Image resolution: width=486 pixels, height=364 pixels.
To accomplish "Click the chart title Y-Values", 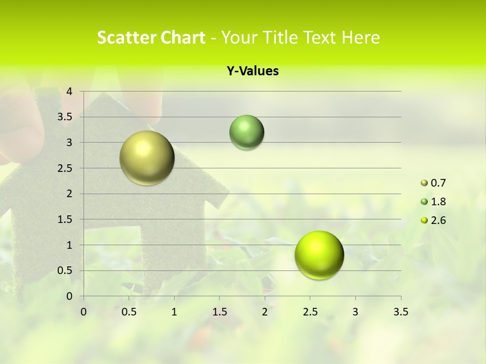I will pos(253,71).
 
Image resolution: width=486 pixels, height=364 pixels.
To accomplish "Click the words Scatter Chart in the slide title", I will pos(151,37).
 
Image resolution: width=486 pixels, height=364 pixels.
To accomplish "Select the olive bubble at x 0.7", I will pos(147,158).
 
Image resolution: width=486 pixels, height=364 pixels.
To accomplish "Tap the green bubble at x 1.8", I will pos(247,132).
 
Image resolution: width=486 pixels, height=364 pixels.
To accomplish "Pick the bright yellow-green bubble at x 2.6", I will pos(319,255).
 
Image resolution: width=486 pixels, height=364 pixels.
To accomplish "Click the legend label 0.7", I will pos(438,183).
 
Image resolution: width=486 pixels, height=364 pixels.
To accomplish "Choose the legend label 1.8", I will pos(438,202).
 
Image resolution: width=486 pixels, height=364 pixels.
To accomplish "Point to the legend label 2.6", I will pos(438,220).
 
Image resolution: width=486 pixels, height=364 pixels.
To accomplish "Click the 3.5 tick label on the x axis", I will pos(400,312).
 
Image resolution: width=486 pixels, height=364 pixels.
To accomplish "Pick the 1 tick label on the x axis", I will pos(174,312).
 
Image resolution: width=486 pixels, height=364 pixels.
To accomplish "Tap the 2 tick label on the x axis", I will pos(265,312).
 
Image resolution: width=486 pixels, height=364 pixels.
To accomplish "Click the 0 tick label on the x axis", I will pos(84,312).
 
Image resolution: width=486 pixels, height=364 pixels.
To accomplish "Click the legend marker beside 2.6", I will pos(424,220).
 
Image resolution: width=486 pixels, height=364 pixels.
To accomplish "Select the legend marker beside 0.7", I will pos(424,183).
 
